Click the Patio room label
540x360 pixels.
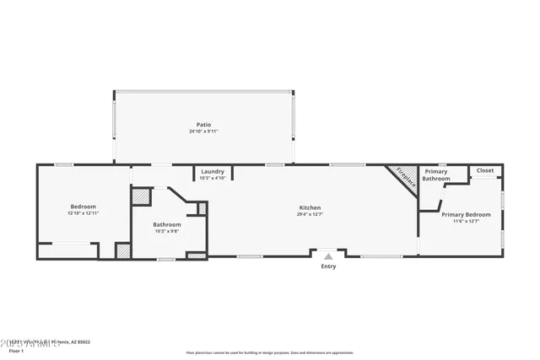pos(203,125)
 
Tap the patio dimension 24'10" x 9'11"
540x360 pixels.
pos(203,132)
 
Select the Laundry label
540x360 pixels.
pos(213,171)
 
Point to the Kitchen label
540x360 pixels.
pos(310,207)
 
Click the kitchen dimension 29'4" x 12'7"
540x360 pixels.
pos(310,214)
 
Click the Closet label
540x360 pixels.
pos(485,170)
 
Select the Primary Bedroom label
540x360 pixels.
pos(466,214)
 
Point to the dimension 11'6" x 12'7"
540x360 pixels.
pos(466,221)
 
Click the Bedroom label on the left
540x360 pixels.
pos(83,207)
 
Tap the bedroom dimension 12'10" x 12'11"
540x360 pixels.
pos(83,213)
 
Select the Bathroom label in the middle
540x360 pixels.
pos(166,224)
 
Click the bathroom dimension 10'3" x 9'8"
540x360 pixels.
pos(166,231)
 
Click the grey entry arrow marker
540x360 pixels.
pos(328,255)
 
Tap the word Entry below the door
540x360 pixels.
pos(328,266)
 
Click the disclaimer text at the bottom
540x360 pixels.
pos(270,352)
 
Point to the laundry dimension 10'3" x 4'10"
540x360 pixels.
pos(213,178)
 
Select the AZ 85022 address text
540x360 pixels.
pos(79,342)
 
